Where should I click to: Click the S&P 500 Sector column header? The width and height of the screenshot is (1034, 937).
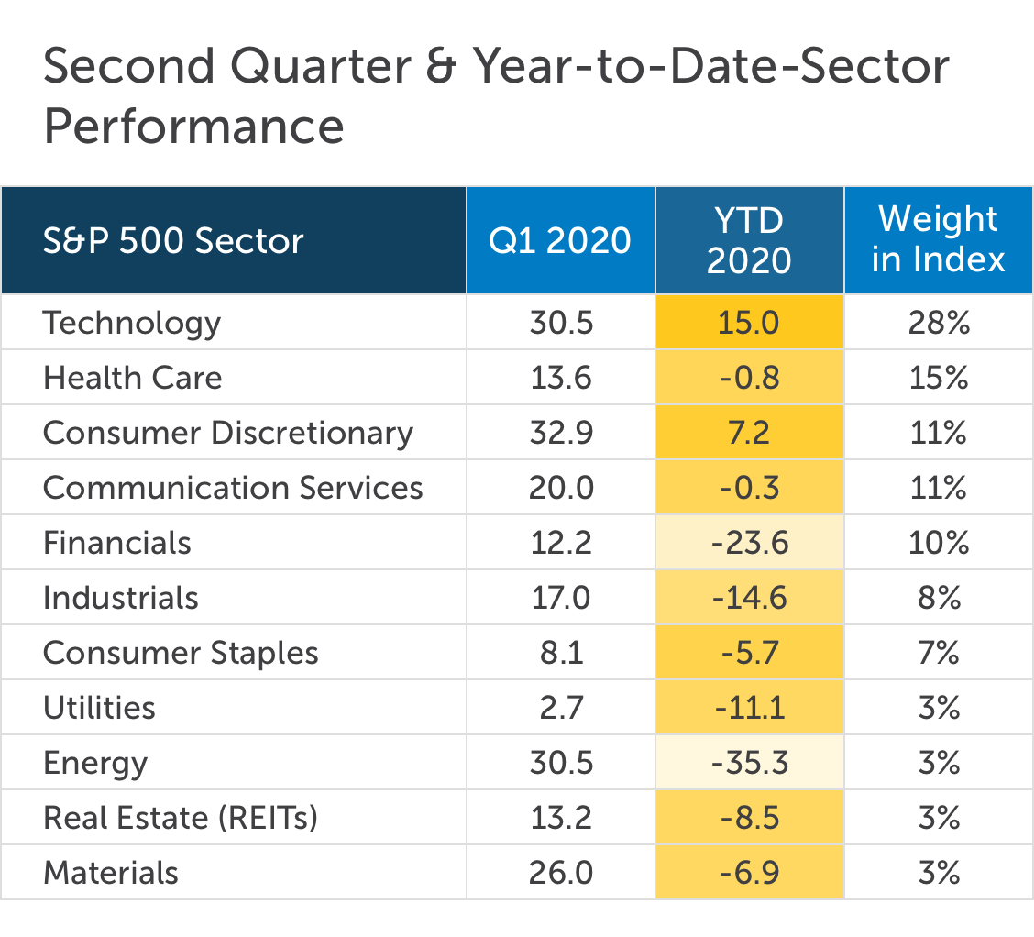173,240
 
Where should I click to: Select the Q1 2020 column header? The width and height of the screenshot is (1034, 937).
560,240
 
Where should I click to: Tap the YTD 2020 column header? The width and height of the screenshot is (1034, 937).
749,240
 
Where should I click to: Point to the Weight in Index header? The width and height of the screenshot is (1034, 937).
939,238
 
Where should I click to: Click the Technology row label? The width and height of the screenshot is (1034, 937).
132,324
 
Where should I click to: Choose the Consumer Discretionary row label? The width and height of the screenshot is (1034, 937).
228,434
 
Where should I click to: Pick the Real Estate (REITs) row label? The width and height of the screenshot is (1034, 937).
181,819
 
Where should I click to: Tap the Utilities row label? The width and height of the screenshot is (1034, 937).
99,708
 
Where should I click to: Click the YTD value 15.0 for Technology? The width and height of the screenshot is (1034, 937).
749,323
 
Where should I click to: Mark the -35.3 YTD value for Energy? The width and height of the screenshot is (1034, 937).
750,763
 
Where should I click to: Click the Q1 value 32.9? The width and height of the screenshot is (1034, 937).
561,434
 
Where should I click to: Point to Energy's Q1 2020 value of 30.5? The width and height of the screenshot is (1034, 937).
561,763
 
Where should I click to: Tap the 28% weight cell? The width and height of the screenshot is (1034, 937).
939,323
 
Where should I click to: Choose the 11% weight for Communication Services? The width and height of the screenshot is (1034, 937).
939,488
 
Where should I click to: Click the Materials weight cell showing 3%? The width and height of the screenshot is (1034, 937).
939,873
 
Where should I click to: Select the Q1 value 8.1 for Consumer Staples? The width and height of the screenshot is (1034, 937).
561,653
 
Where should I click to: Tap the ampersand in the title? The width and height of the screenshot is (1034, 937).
441,67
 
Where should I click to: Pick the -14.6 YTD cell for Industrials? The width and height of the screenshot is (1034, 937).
750,598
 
